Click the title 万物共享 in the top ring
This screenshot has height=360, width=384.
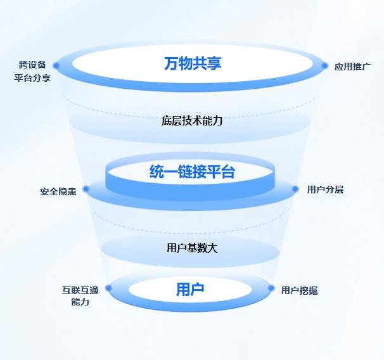coord(192,63)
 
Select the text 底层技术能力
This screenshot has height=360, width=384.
coord(192,120)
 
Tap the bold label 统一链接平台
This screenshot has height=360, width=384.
coord(192,172)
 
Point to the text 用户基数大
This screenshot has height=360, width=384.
coord(192,248)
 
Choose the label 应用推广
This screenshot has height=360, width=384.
coord(352,66)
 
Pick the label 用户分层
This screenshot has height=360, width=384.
coord(325,189)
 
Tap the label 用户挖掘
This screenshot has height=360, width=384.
coord(300,290)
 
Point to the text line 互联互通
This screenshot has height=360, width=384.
coord(80,290)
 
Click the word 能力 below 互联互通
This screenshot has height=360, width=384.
coord(80,302)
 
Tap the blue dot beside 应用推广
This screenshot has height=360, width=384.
coord(325,65)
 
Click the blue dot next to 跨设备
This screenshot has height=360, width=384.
coord(56,65)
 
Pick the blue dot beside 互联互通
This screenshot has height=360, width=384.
coord(108,288)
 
